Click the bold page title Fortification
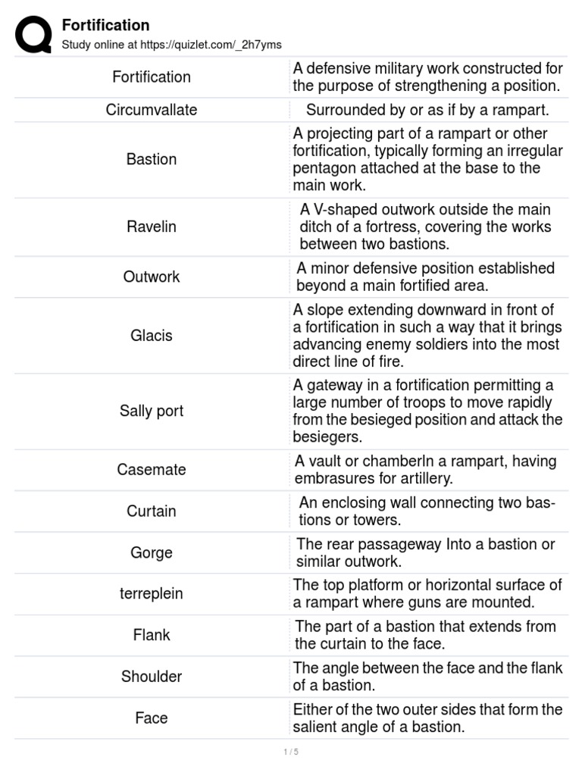[x=105, y=25]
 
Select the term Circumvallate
[x=152, y=110]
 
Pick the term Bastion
[x=152, y=159]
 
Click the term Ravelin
[x=152, y=227]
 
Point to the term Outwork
[x=152, y=277]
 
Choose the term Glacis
[x=152, y=335]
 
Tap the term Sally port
[x=152, y=411]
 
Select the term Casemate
[x=152, y=469]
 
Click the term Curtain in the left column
[x=152, y=511]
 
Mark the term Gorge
[x=152, y=552]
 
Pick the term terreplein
[x=152, y=593]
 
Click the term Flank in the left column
[x=152, y=635]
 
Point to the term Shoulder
[x=152, y=676]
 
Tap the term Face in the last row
[x=152, y=718]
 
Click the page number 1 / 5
[x=291, y=752]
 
